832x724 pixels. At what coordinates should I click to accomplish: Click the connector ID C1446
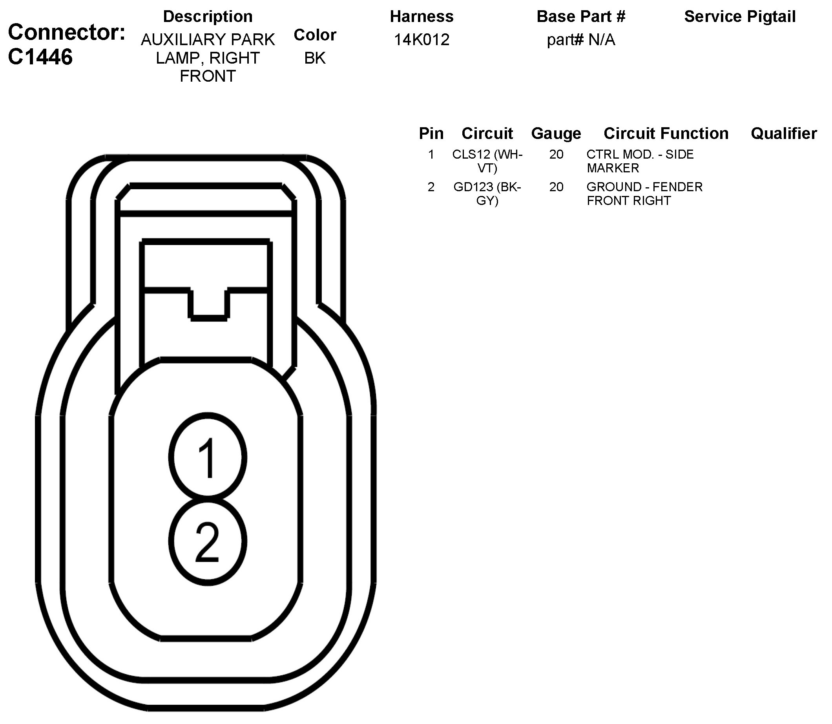coord(40,57)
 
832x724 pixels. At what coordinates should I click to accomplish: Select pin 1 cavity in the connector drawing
coord(208,457)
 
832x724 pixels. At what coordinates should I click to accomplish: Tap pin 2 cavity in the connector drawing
coord(208,542)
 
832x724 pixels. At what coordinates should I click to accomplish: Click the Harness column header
coord(421,16)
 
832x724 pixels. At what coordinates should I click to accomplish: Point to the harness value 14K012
coord(421,40)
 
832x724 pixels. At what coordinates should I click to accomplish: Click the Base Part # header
coord(580,16)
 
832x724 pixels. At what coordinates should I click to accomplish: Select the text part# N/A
coord(580,40)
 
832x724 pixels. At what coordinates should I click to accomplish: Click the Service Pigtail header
coord(739,16)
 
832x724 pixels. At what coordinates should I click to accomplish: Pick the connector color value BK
coord(315,58)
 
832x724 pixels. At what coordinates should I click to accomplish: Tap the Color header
coord(315,35)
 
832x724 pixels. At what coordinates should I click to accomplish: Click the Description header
coord(208,16)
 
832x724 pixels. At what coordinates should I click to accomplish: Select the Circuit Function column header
coord(666,133)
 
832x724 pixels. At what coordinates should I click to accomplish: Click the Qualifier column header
coord(784,133)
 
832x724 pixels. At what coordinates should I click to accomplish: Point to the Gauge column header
coord(556,133)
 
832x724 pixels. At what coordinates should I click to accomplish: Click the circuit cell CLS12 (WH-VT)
coord(487,161)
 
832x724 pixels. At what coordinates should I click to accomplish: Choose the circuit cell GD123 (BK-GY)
coord(487,194)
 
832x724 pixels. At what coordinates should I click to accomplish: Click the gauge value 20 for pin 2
coord(556,187)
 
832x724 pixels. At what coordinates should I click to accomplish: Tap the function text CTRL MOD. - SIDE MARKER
coord(640,161)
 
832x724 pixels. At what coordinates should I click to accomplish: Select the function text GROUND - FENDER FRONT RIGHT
coord(644,194)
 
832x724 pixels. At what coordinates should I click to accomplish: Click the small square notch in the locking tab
coord(208,303)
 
